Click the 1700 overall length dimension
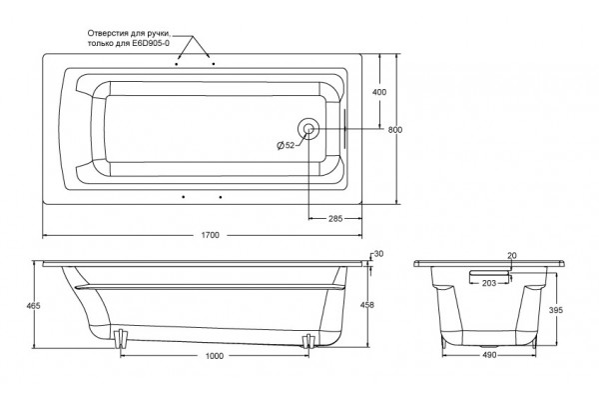coord(210,235)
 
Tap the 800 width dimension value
coord(395,130)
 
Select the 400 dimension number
coord(379,92)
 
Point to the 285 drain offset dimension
coord(335,219)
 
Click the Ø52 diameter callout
coord(286,145)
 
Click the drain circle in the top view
coord(308,129)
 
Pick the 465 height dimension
coord(34,306)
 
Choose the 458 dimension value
coord(367,305)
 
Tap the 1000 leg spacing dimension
coord(215,356)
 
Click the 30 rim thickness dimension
coord(378,254)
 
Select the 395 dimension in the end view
coord(556,310)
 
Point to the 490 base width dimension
coord(489,355)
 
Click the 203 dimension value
coord(489,283)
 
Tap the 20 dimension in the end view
coord(512,256)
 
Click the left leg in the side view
coord(121,338)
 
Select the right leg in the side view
coord(308,341)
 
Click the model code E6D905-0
coord(151,43)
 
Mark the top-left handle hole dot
coord(176,64)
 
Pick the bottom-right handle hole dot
coord(221,197)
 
